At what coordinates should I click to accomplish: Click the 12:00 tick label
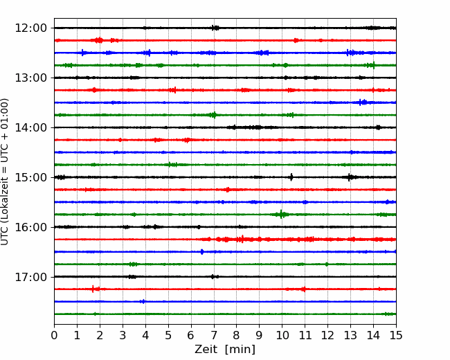click(30, 28)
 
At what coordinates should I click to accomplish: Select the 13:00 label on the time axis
click(30, 78)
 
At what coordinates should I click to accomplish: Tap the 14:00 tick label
click(30, 127)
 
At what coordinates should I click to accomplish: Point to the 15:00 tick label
click(30, 177)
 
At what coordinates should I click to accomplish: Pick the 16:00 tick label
click(30, 227)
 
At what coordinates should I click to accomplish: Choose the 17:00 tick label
click(30, 277)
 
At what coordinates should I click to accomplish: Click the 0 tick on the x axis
click(54, 335)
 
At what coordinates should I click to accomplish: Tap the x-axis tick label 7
click(214, 335)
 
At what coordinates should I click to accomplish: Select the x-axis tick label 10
click(282, 335)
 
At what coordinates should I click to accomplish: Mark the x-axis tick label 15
click(396, 335)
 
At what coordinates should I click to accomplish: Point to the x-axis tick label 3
click(123, 335)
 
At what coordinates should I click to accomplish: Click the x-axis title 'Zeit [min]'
click(225, 350)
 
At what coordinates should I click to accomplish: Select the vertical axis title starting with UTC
click(5, 172)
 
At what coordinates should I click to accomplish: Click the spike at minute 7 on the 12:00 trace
click(215, 28)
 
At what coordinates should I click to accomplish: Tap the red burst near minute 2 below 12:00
click(99, 40)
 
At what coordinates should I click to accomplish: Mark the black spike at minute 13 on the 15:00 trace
click(349, 177)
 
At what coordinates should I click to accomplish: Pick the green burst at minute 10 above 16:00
click(282, 215)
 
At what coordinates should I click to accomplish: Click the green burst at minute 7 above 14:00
click(214, 115)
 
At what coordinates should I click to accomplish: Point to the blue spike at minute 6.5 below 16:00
click(202, 252)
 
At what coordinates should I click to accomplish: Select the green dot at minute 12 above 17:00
click(327, 264)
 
